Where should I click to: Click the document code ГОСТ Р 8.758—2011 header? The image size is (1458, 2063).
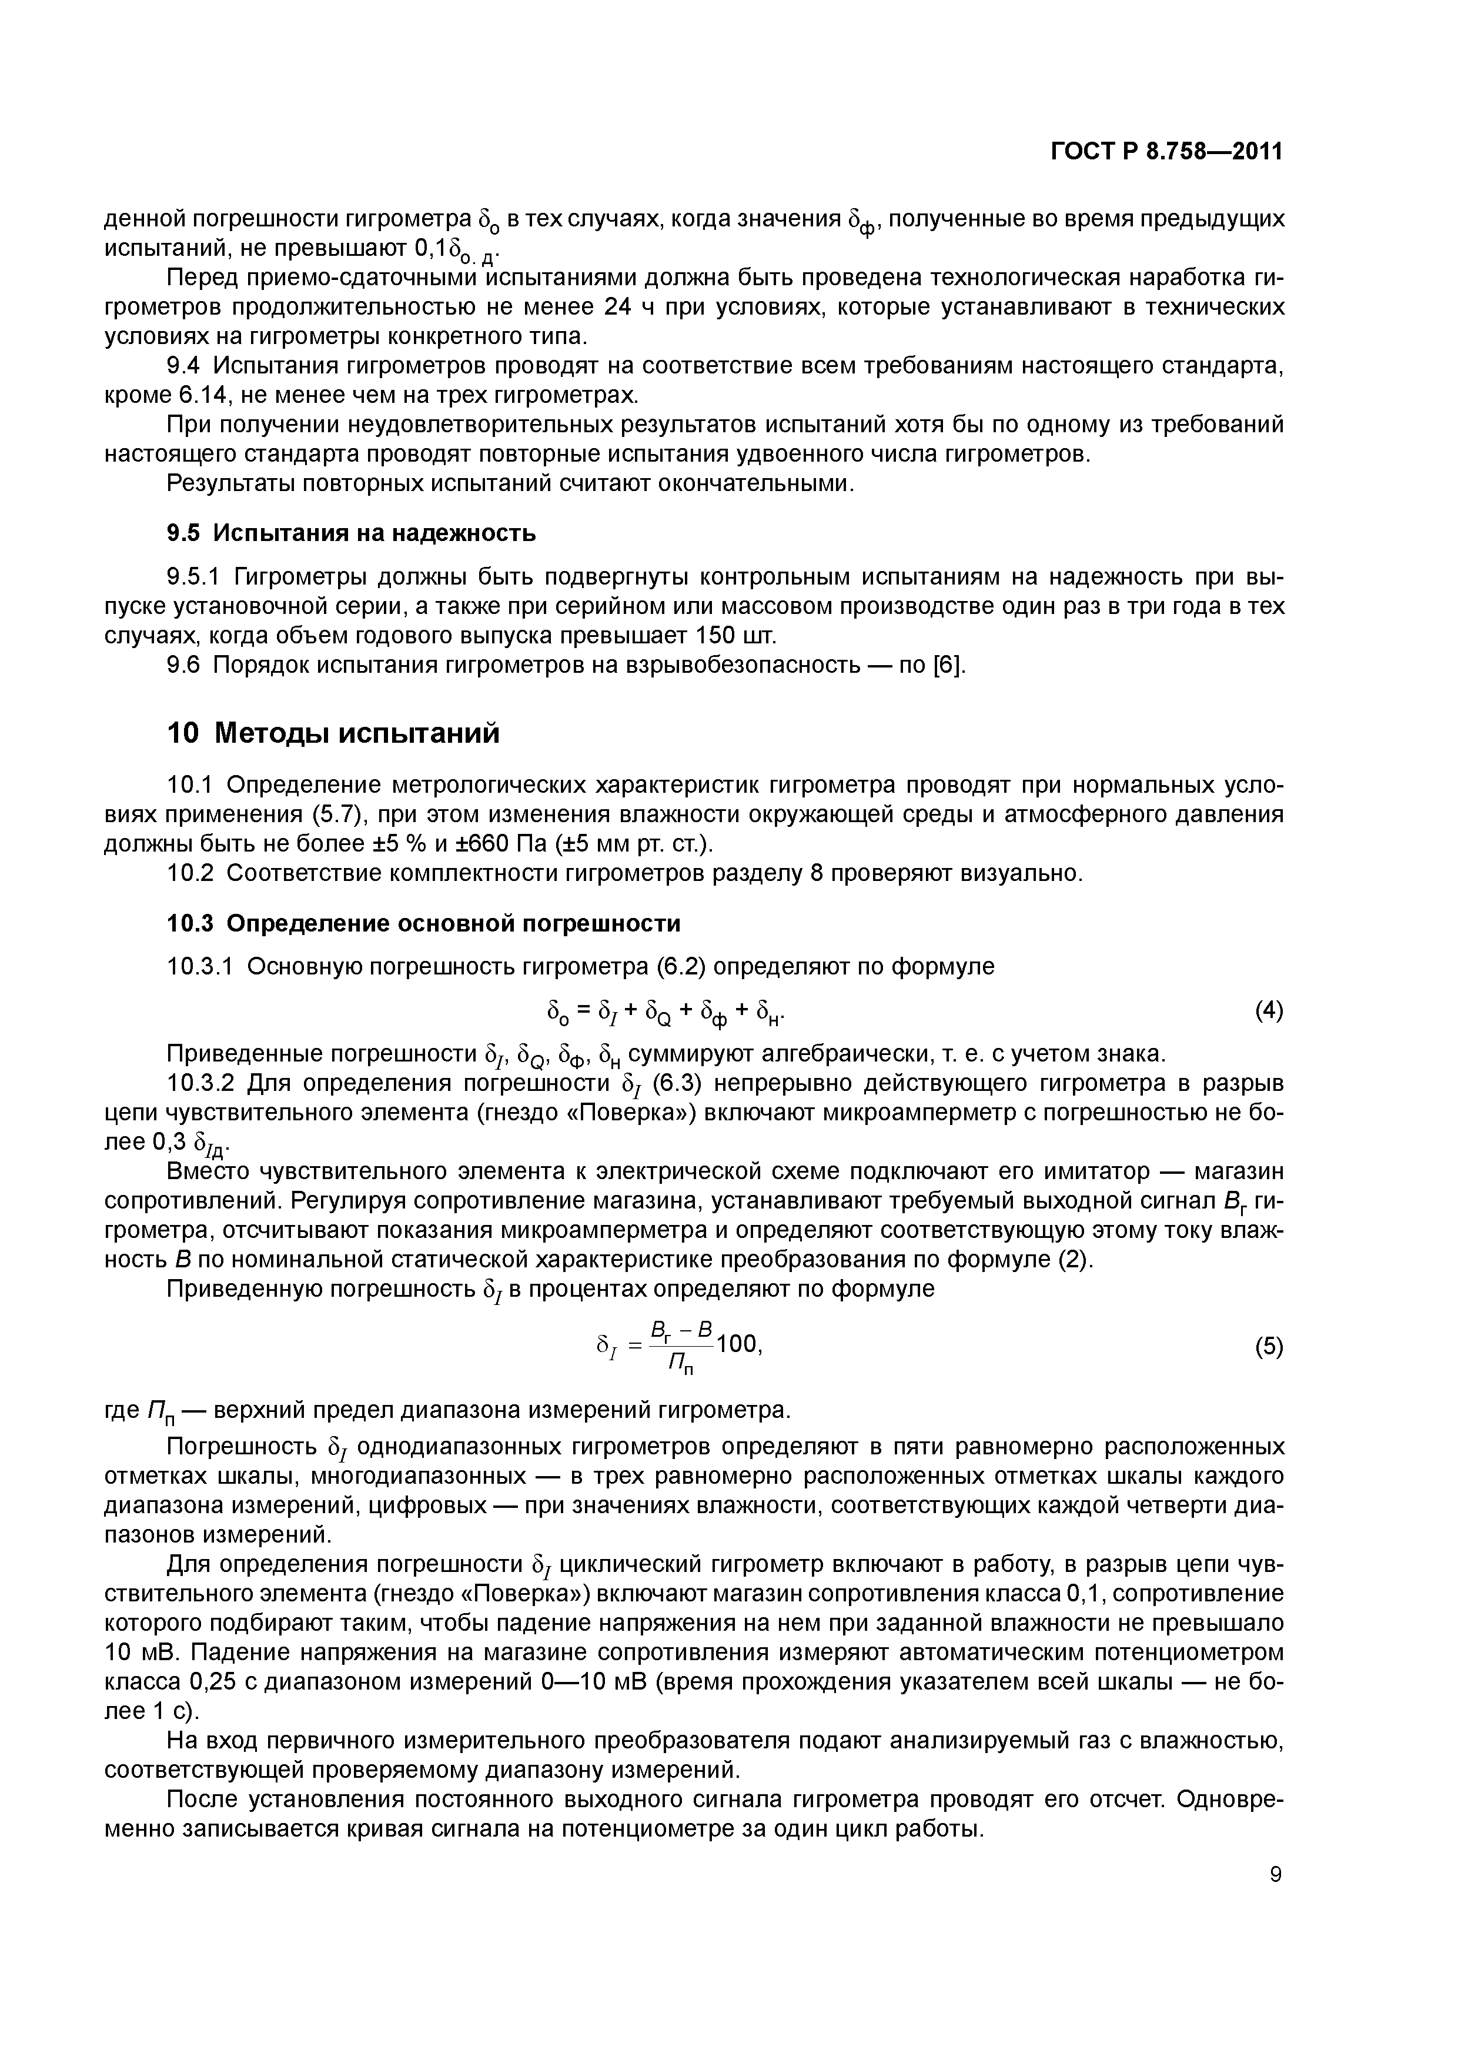[x=1166, y=152]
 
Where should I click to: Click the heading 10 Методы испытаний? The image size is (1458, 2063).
[x=333, y=734]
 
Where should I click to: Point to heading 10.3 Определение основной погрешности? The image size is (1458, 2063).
[x=424, y=924]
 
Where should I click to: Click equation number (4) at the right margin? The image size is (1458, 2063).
[x=1269, y=1011]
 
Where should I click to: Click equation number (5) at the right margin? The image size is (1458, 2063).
[x=1269, y=1347]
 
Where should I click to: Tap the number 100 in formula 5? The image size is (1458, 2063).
[x=738, y=1344]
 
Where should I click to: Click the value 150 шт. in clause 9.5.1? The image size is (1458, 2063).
[x=735, y=636]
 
